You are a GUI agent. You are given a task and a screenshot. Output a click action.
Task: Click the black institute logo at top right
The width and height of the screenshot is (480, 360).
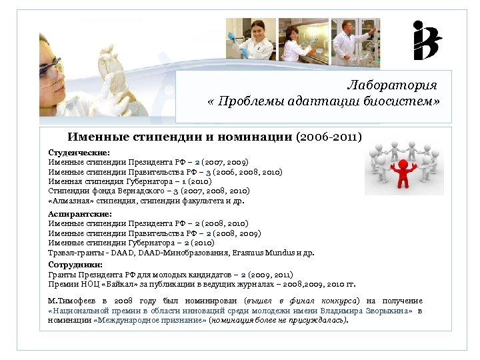click(x=427, y=41)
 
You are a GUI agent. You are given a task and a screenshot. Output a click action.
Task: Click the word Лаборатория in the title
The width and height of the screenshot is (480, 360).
click(x=392, y=86)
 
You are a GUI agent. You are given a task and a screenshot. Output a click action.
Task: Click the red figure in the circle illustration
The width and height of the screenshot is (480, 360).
click(x=403, y=171)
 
